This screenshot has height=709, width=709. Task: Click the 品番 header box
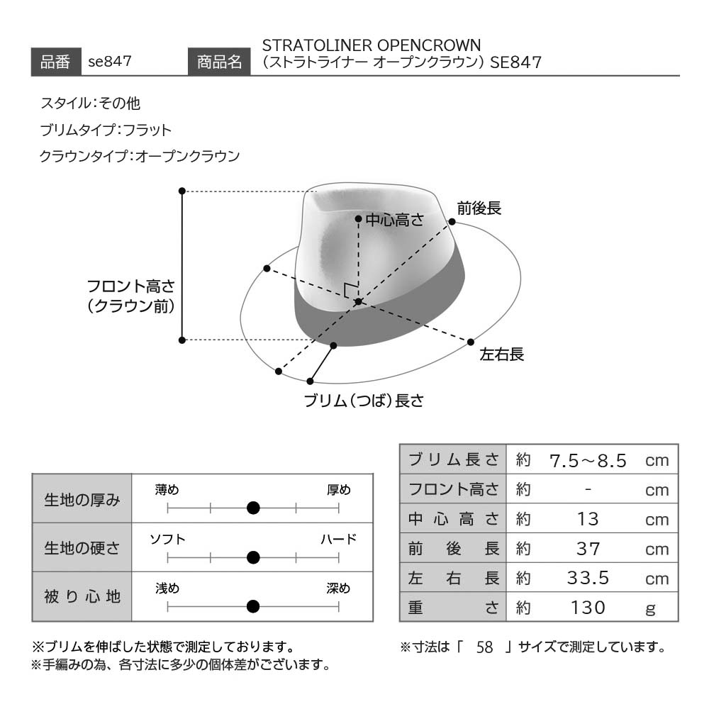tap(56, 62)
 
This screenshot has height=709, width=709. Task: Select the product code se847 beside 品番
tap(110, 62)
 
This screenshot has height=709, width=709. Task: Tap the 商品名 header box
tap(219, 62)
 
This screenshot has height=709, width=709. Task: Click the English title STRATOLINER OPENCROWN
tap(372, 45)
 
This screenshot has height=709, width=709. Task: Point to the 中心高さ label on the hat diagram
tap(395, 220)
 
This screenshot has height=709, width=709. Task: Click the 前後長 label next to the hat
tap(479, 208)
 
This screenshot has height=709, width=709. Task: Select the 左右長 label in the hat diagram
tap(501, 354)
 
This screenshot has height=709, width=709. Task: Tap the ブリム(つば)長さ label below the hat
tap(364, 401)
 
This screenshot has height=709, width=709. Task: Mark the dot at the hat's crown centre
tap(358, 301)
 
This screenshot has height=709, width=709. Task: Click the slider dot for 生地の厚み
tap(253, 508)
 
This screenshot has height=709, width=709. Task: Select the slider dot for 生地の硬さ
tap(253, 557)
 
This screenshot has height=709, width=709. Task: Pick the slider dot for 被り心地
tap(253, 606)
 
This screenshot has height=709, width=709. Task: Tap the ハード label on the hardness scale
tap(339, 539)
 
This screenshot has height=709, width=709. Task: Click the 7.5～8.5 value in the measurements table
tap(588, 461)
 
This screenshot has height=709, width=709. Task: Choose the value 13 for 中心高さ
tap(588, 519)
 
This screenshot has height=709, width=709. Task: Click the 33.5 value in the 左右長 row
tap(588, 578)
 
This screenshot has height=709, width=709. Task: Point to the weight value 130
tap(588, 608)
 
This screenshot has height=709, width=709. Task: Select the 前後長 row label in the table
tap(454, 549)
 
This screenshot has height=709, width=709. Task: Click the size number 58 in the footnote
tap(484, 647)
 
